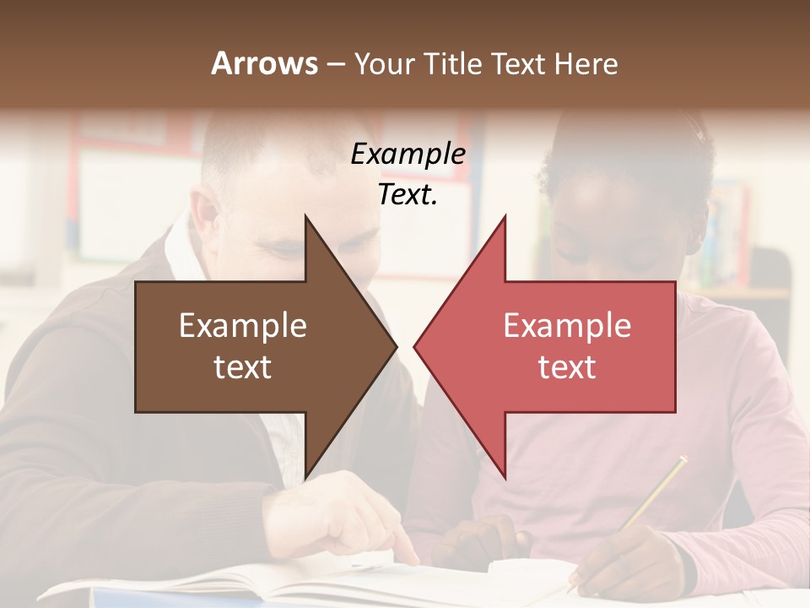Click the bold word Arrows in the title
(265, 63)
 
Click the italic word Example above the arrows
(408, 155)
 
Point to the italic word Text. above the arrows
(408, 195)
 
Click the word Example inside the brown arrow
(243, 326)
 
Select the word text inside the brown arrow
(243, 367)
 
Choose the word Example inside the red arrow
(567, 326)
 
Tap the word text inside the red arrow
(567, 367)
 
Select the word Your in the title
(385, 63)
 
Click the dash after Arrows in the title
(335, 64)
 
